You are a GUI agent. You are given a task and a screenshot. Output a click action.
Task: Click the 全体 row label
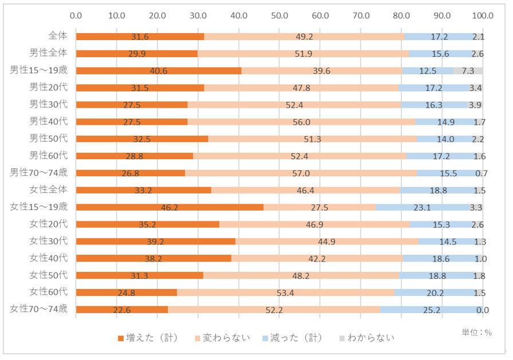(58, 35)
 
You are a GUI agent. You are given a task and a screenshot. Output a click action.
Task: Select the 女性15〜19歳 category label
(39, 206)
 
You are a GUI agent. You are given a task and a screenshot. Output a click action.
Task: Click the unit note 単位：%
(476, 332)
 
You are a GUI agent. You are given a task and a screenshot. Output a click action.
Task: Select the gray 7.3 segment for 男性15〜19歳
(468, 71)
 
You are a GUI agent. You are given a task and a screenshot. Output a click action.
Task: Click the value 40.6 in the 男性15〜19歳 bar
(158, 71)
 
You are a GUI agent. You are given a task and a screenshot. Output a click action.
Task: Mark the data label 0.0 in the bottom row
(482, 310)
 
